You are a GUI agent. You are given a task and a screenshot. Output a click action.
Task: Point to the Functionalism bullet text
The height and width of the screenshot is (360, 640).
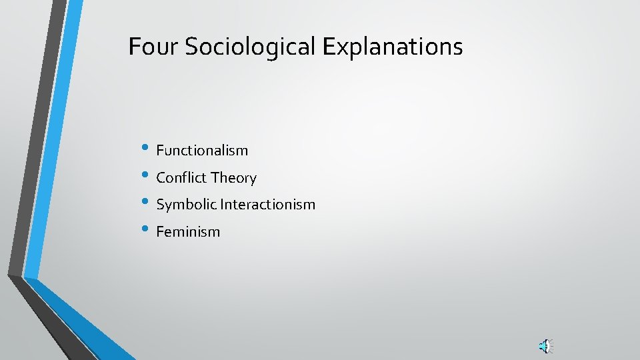[x=202, y=151]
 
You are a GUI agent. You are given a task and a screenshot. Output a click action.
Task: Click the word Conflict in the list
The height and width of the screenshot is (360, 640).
[x=181, y=178]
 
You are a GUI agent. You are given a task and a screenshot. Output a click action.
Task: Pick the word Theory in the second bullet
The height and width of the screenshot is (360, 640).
[x=233, y=178]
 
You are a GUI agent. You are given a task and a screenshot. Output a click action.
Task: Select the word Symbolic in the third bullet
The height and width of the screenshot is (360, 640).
[x=187, y=205]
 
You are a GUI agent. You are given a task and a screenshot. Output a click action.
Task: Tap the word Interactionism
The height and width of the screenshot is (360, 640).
[x=268, y=205]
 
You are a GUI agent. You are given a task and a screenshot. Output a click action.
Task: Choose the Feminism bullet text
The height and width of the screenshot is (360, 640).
[x=188, y=232]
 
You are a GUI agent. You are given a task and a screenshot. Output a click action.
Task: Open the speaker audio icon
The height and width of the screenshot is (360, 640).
[x=545, y=345]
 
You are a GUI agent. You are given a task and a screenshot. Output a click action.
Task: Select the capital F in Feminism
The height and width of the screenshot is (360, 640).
[x=160, y=232]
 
